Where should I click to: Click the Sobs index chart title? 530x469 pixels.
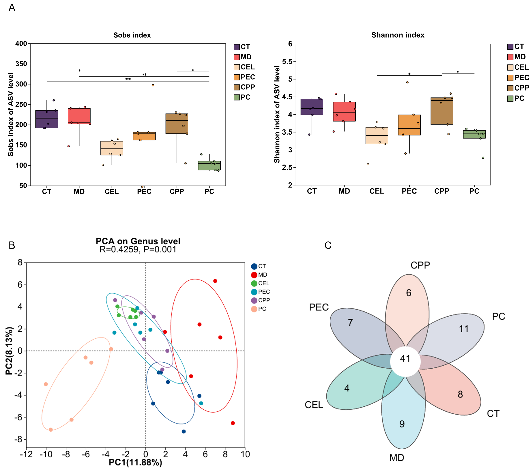click(x=132, y=35)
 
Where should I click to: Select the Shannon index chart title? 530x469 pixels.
click(x=398, y=35)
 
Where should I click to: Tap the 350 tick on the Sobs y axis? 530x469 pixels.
click(x=21, y=64)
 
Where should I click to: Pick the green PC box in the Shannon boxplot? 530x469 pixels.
click(x=474, y=134)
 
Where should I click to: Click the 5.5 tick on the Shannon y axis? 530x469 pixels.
click(x=287, y=62)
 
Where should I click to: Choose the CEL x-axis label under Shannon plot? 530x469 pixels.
click(x=376, y=191)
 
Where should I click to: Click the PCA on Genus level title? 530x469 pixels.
click(x=138, y=241)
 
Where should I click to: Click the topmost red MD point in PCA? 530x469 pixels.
click(x=215, y=281)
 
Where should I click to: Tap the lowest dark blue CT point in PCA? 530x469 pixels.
click(x=184, y=431)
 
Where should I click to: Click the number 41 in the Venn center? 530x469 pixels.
click(x=405, y=358)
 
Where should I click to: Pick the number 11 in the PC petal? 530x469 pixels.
click(x=464, y=329)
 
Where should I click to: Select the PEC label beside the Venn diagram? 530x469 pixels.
click(x=319, y=307)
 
